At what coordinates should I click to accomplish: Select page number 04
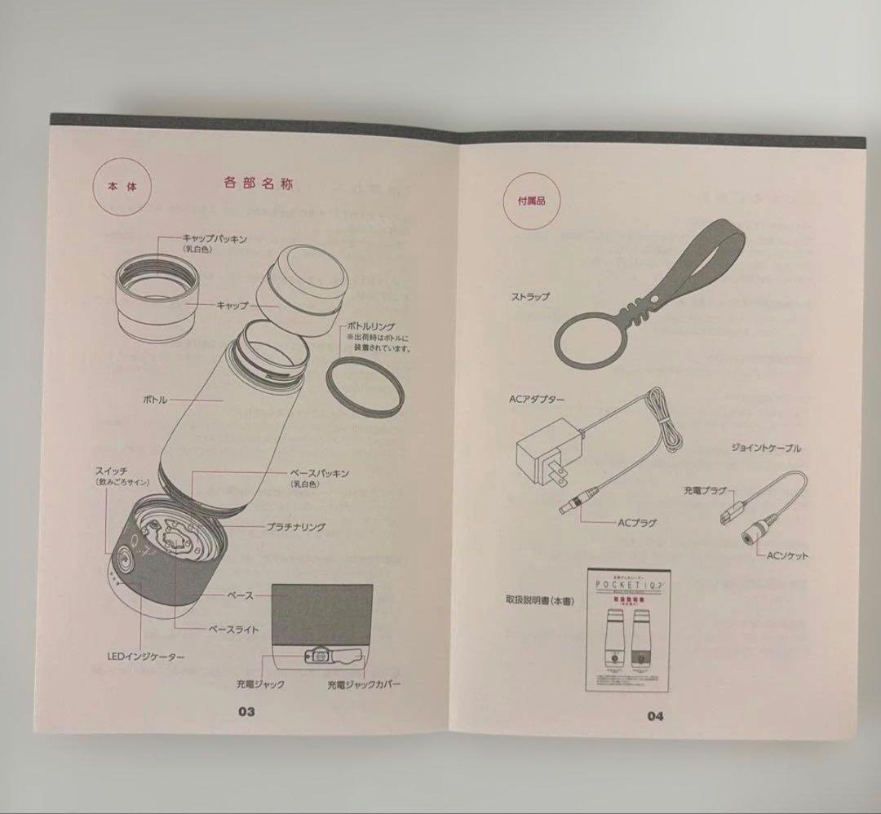pos(656,717)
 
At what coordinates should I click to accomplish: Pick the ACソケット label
pos(787,555)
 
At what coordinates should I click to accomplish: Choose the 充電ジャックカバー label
pos(363,684)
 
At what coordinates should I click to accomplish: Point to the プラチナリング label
pos(295,528)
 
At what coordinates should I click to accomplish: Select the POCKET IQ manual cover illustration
pos(629,630)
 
